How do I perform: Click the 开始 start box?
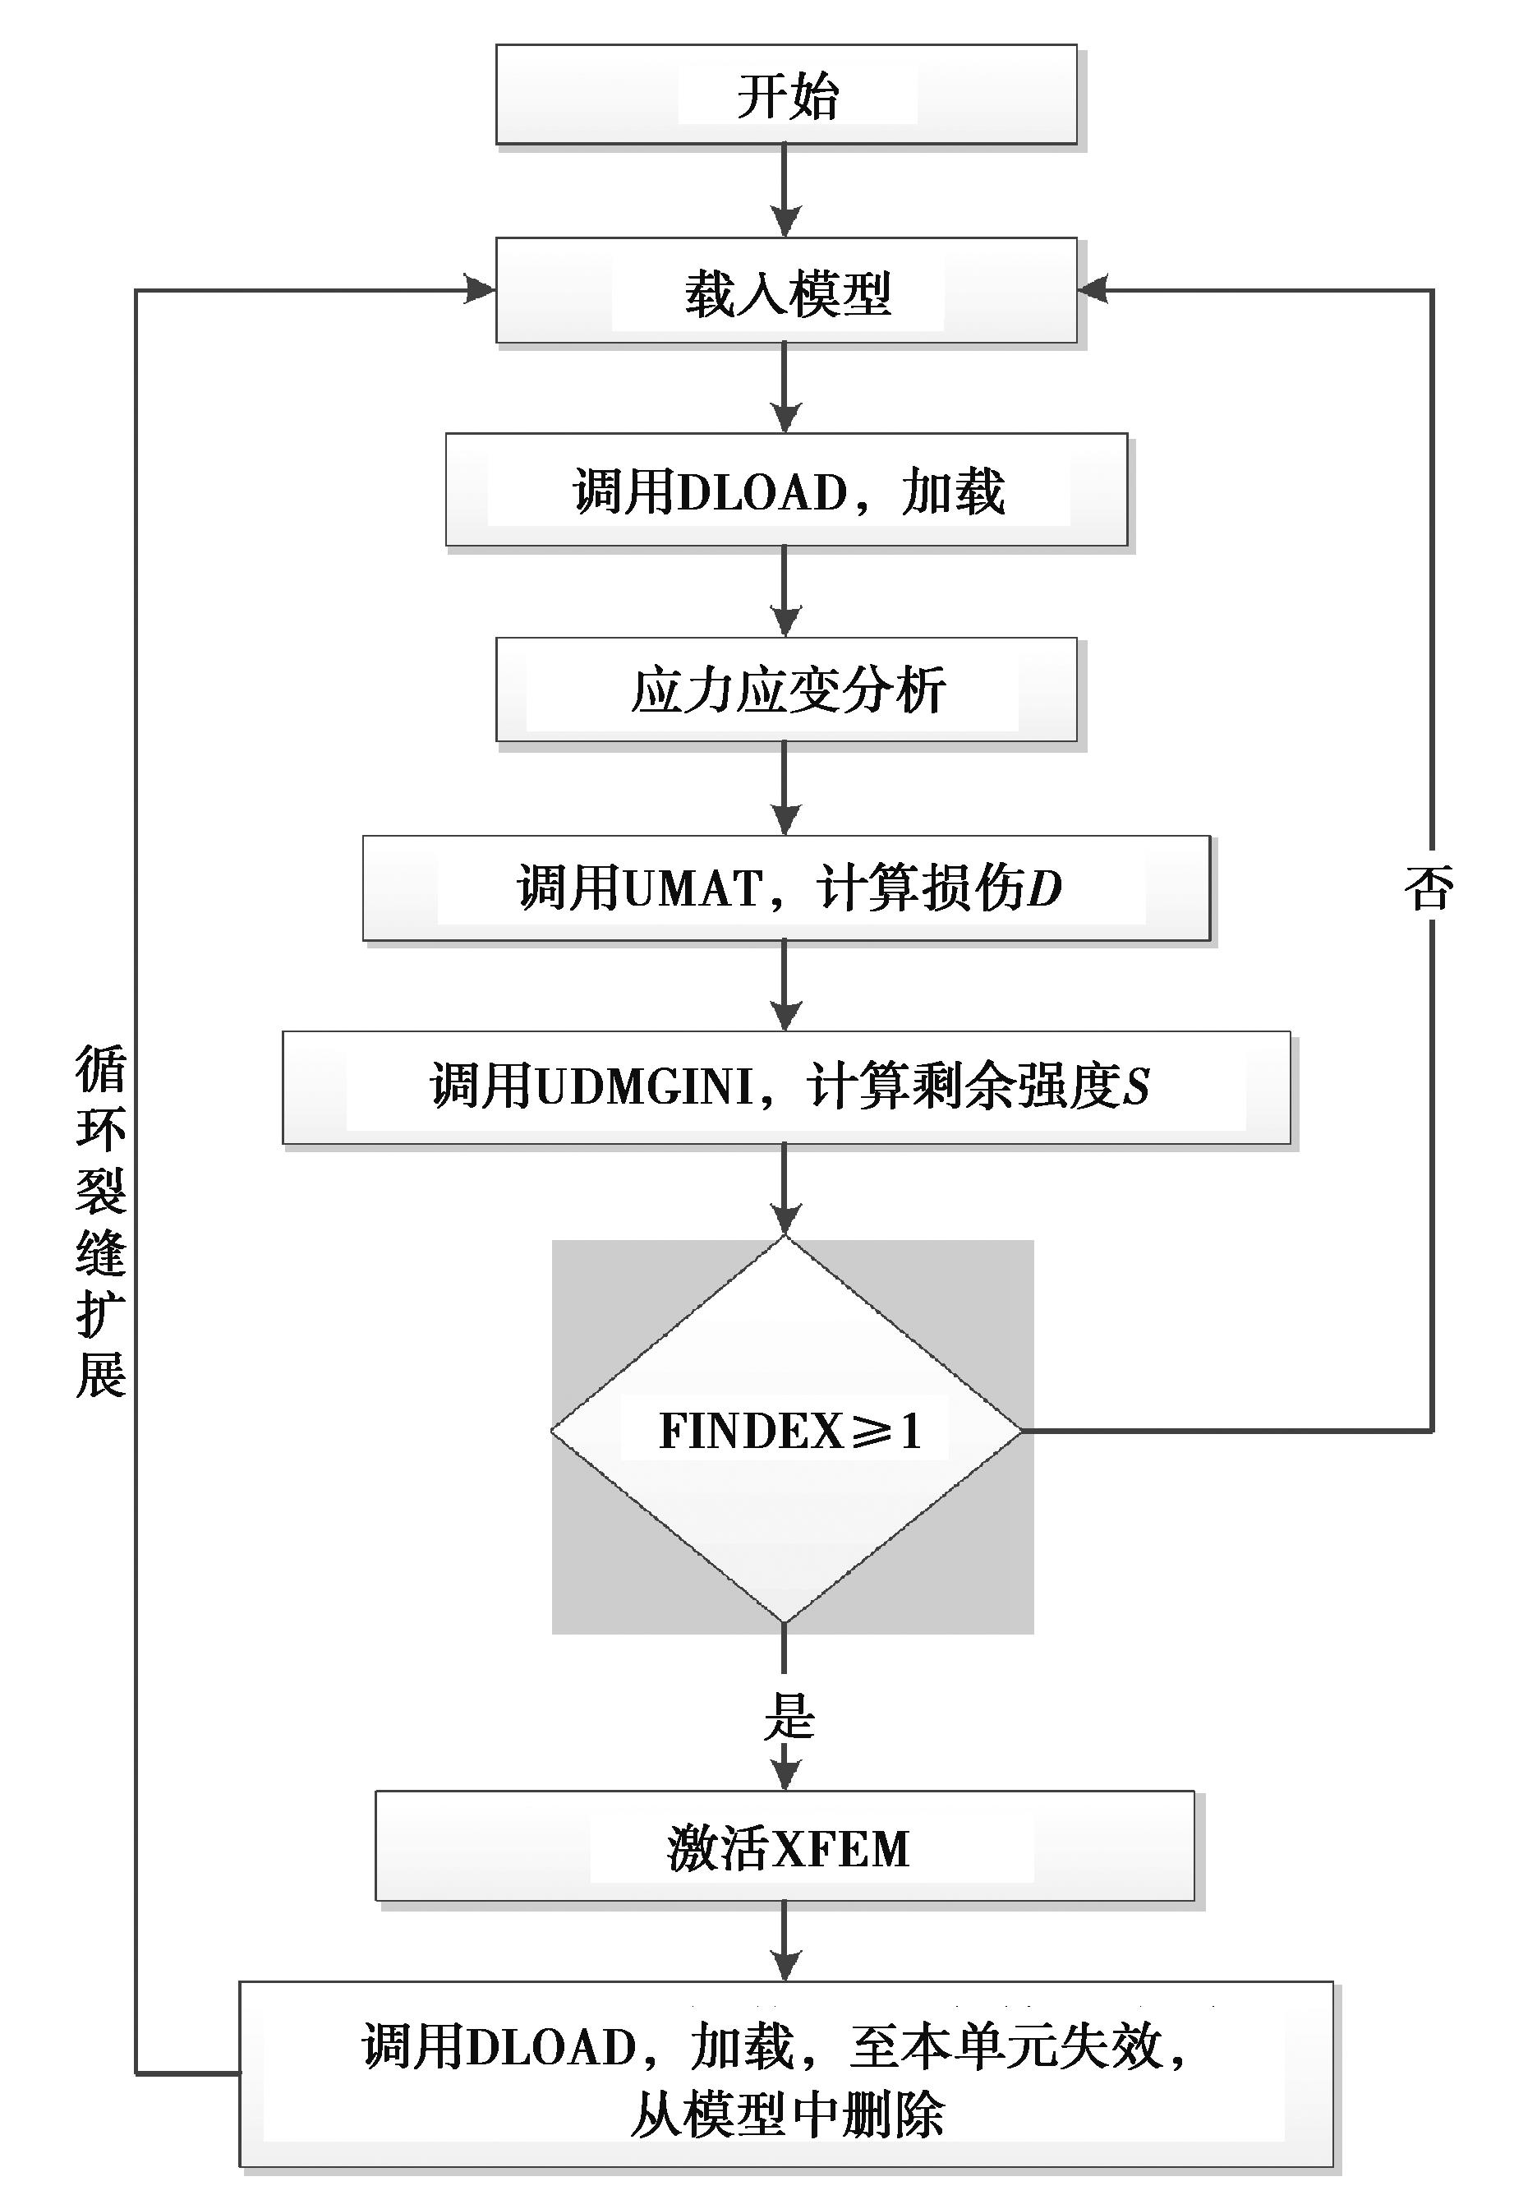[x=786, y=95]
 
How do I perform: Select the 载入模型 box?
[x=786, y=291]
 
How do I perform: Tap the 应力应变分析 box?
[x=786, y=689]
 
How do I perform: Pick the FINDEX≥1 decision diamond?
[x=786, y=1431]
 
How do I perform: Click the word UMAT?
[x=695, y=888]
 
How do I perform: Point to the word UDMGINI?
[x=646, y=1086]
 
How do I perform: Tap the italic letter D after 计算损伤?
[x=1044, y=888]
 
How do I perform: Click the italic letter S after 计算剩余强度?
[x=1137, y=1086]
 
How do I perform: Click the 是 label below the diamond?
[x=789, y=1717]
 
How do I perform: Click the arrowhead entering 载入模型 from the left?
[x=480, y=289]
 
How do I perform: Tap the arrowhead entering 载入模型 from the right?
[x=1093, y=289]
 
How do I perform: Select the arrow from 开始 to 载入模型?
[x=785, y=191]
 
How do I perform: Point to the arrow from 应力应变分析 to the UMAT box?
[x=785, y=788]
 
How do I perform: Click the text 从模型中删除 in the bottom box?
[x=788, y=2117]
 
